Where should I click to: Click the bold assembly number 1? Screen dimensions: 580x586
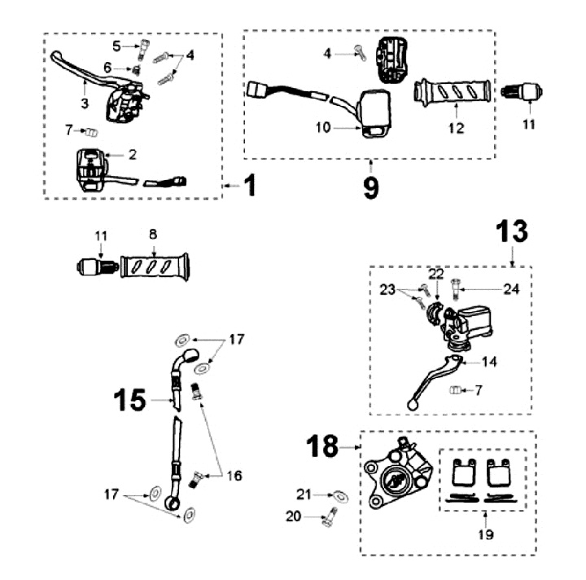pyautogui.click(x=249, y=186)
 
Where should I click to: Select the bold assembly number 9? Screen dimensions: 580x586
pyautogui.click(x=370, y=187)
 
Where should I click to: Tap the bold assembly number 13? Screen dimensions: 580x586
pyautogui.click(x=511, y=232)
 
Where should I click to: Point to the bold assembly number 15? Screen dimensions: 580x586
pyautogui.click(x=129, y=401)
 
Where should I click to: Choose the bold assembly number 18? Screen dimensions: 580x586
pyautogui.click(x=323, y=446)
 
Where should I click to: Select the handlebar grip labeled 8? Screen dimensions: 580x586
pyautogui.click(x=155, y=266)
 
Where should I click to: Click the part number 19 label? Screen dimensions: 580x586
pyautogui.click(x=486, y=535)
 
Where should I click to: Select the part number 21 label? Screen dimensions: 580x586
pyautogui.click(x=304, y=494)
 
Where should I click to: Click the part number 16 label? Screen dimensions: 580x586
pyautogui.click(x=235, y=476)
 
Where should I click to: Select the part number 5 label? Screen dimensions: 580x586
pyautogui.click(x=116, y=45)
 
